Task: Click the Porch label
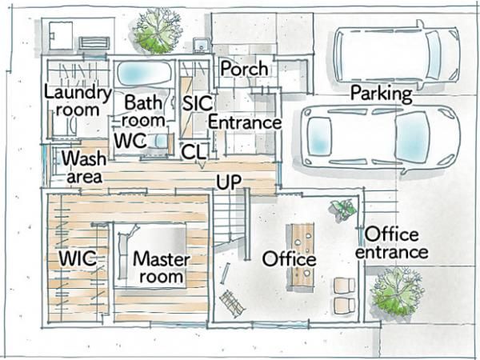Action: point(244,69)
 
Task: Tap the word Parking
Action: point(382,94)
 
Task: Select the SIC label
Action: point(198,103)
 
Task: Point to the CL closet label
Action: point(194,152)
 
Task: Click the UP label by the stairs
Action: point(229,182)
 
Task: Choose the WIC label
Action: point(78,258)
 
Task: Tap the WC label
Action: point(130,141)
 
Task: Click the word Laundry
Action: point(78,93)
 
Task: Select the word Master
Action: point(162,259)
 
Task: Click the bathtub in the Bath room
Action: point(144,74)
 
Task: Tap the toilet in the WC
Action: point(161,141)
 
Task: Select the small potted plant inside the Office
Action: point(343,209)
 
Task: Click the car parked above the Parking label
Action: point(397,55)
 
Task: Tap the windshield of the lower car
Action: point(412,137)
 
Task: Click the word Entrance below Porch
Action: point(245,122)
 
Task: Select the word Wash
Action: point(84,158)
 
